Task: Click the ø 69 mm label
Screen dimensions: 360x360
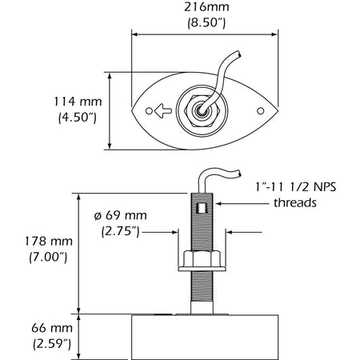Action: click(x=127, y=218)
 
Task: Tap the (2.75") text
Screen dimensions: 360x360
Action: click(x=126, y=232)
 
